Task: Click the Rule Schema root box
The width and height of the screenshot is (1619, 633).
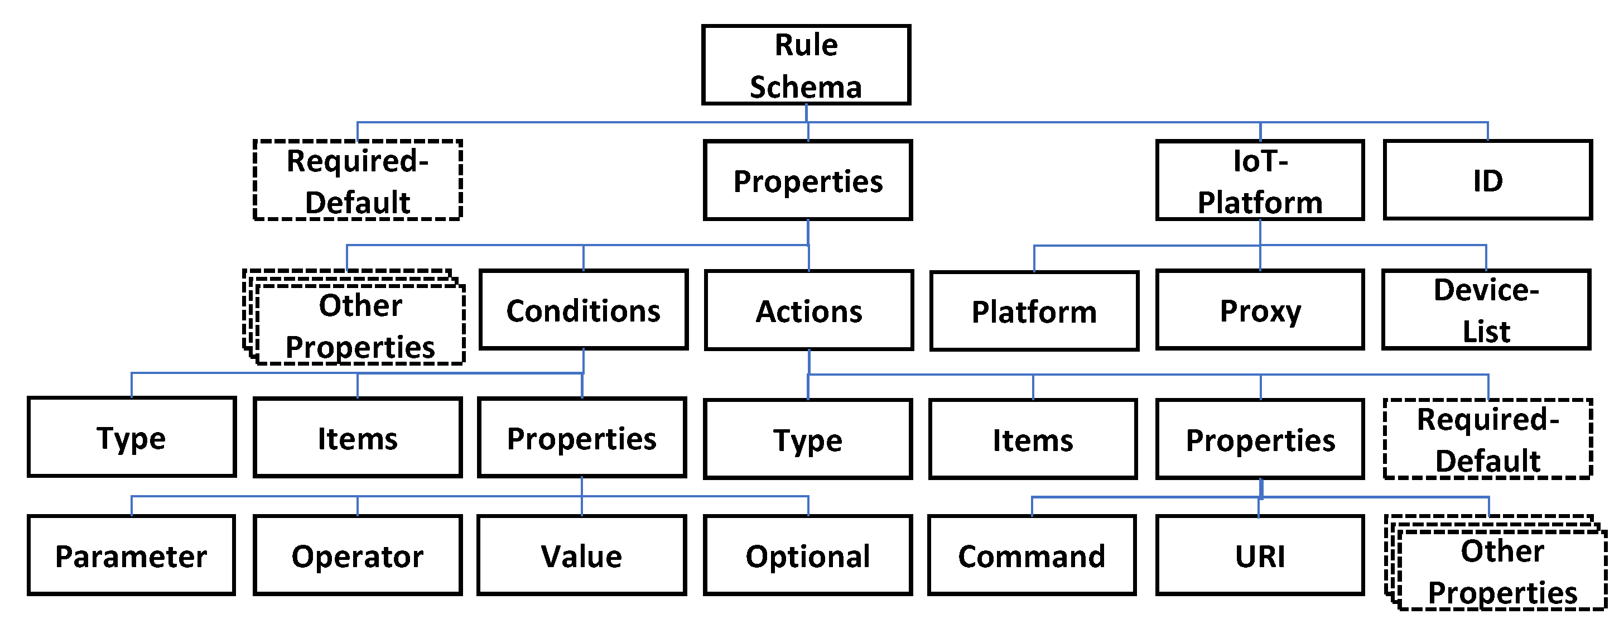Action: tap(806, 65)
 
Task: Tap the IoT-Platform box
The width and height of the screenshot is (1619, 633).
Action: tap(1260, 180)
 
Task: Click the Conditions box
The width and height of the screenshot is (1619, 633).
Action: tap(583, 310)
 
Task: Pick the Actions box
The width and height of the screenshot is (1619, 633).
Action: tap(809, 310)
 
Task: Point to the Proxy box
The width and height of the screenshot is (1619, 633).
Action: tap(1260, 310)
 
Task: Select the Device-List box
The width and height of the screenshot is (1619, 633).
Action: tap(1486, 310)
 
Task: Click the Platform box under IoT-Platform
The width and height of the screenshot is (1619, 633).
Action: tap(1034, 311)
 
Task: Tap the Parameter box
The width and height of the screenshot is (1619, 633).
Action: tap(131, 555)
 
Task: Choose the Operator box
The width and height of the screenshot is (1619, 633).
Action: tap(357, 555)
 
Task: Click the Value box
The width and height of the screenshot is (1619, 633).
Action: tap(581, 555)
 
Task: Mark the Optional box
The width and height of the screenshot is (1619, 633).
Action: tap(808, 555)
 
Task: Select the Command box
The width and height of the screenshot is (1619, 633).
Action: tap(1032, 555)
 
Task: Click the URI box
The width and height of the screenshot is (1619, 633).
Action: tap(1260, 555)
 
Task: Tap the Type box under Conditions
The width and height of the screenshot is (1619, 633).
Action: tap(131, 438)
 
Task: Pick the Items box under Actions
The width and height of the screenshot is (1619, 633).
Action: tap(1033, 439)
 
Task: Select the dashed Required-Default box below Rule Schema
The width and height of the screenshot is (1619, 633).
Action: tap(357, 180)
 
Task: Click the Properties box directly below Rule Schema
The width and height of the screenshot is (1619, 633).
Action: tap(808, 180)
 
